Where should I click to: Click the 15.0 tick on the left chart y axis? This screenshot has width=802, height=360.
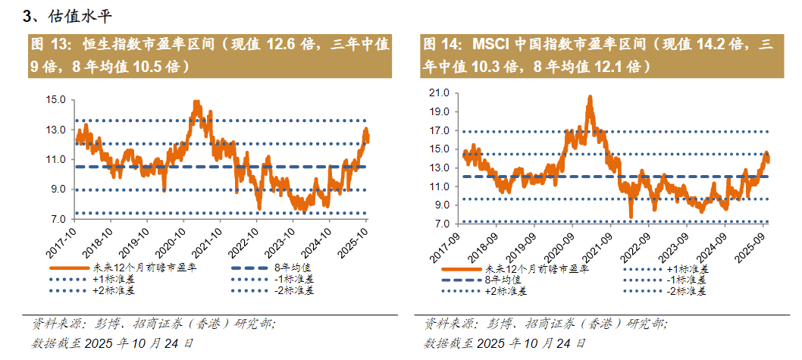[x=55, y=99]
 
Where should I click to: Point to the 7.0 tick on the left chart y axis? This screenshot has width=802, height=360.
[x=58, y=220]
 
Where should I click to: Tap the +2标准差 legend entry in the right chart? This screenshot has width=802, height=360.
[x=508, y=291]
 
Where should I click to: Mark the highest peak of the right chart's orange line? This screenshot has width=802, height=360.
[x=589, y=97]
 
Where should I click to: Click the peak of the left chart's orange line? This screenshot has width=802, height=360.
[x=196, y=101]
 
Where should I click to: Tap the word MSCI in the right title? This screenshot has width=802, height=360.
[x=490, y=45]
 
